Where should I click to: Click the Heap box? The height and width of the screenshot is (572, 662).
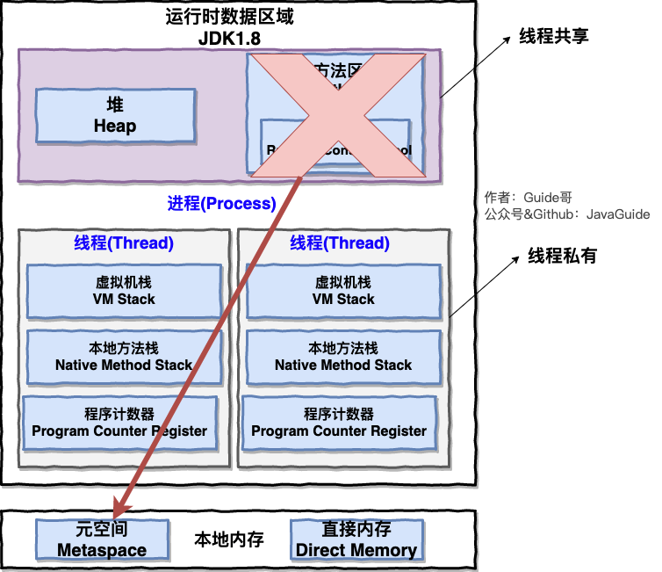115,116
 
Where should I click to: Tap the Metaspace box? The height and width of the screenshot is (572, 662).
102,539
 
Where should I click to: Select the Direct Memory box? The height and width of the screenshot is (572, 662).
356,539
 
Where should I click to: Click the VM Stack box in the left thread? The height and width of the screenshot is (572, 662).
124,291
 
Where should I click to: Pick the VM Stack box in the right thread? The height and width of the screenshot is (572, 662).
343,291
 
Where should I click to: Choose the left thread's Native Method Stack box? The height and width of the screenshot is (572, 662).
124,357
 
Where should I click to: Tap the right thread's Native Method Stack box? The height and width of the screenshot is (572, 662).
343,357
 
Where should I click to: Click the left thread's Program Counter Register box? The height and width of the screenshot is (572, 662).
119,423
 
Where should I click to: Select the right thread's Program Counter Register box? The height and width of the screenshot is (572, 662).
339,423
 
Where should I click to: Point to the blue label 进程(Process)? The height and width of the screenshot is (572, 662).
221,204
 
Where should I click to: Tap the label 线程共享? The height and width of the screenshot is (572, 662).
553,36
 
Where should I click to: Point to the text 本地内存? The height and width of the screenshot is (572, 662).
229,539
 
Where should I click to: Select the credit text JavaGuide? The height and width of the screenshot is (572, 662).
618,214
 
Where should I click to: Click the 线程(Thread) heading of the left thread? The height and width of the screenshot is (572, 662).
124,243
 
